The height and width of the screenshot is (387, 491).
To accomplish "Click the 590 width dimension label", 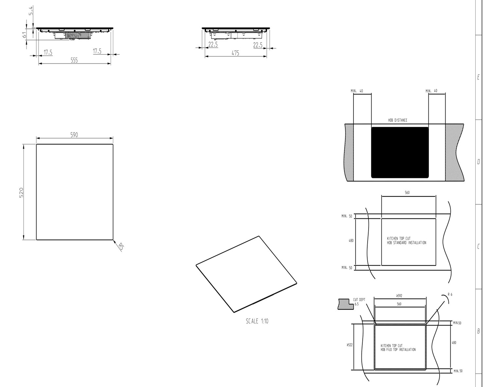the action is [x=74, y=135].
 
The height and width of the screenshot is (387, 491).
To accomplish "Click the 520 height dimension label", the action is [x=21, y=193].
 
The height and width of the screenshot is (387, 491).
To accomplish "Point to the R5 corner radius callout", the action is [x=121, y=247].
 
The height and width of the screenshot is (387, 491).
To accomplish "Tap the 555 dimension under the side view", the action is [x=74, y=60].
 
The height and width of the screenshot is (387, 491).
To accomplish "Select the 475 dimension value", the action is [x=235, y=53].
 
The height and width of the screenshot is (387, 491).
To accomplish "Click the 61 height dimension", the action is [x=24, y=35].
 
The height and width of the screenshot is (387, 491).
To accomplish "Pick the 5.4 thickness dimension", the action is [x=30, y=10].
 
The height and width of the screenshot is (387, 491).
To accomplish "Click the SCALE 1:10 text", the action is [x=257, y=321].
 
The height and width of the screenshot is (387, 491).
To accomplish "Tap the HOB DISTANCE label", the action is [x=398, y=120].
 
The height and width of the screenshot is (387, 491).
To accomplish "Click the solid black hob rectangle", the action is [x=400, y=153].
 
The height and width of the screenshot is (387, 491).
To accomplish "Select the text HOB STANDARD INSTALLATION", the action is [x=407, y=243].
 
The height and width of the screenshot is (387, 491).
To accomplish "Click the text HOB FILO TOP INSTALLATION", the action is [x=398, y=350].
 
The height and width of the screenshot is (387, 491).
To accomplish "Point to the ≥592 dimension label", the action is [x=399, y=296].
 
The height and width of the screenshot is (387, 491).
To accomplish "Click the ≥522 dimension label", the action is [x=350, y=345].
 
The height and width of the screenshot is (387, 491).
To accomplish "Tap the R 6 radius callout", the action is [x=450, y=294].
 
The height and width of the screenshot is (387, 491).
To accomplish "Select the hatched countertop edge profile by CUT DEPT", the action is [x=346, y=304].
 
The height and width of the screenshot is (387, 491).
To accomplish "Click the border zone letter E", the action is [x=478, y=77].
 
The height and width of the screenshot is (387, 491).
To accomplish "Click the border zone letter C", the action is [x=478, y=247].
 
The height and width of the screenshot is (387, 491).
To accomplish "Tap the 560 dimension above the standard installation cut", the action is [x=407, y=193].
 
